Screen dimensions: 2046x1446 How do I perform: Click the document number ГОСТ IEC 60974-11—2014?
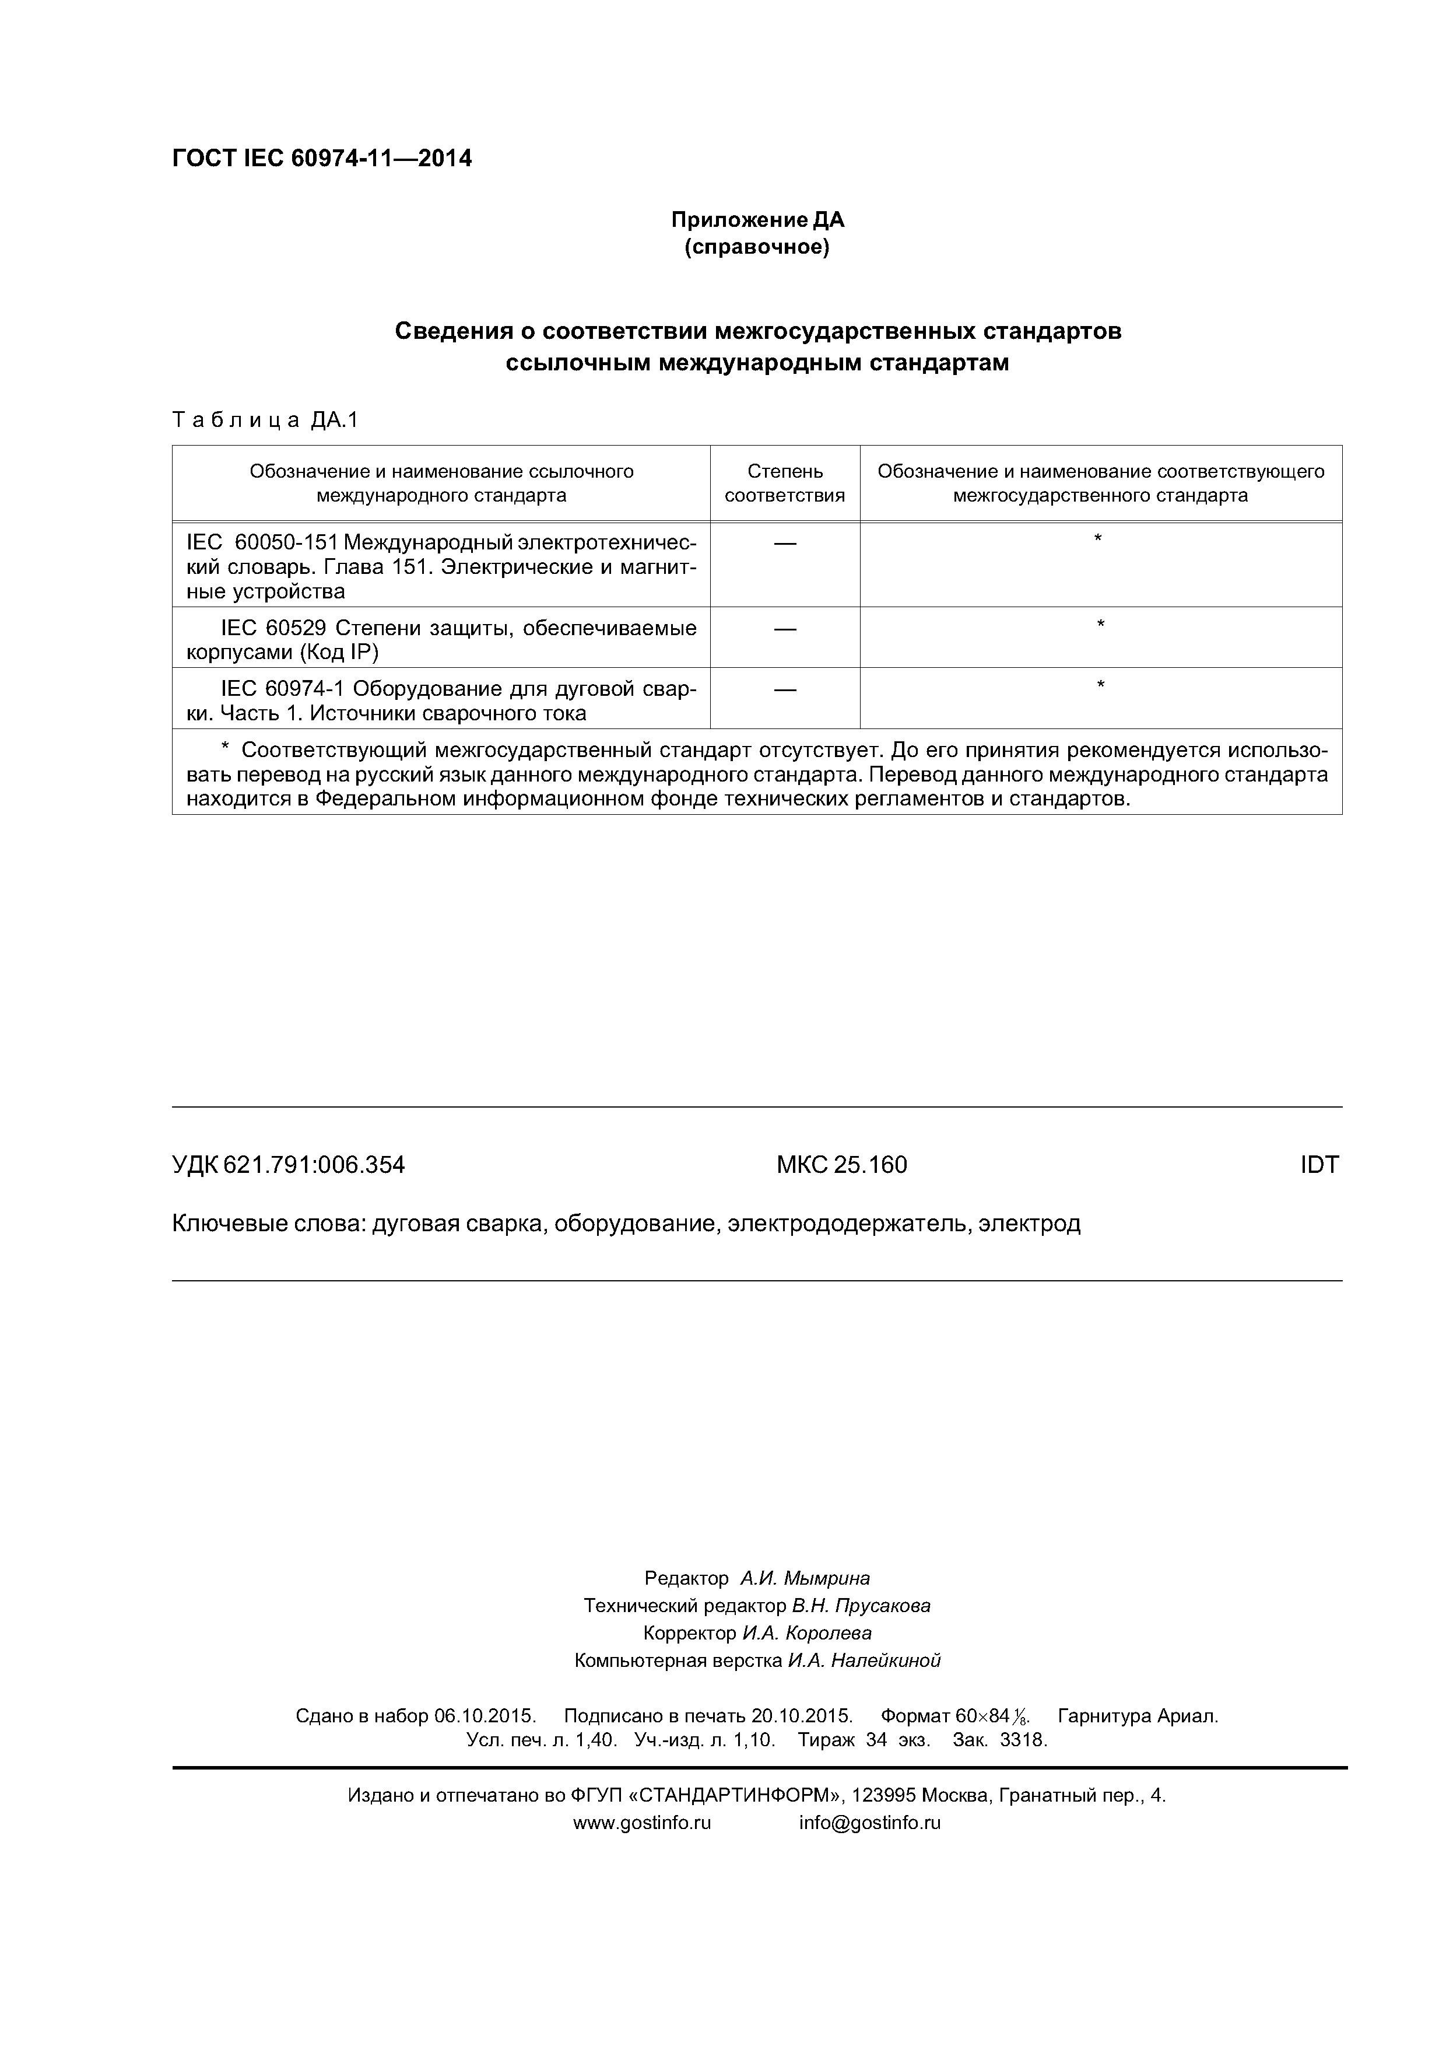pos(322,159)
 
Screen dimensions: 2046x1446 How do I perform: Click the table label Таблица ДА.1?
pos(265,420)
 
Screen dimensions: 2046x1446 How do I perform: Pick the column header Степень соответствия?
pos(784,483)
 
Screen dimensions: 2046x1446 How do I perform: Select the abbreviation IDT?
pos(1318,1165)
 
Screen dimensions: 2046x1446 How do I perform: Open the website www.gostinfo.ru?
pos(641,1823)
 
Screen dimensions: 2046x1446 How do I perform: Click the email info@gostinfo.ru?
pos(869,1823)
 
